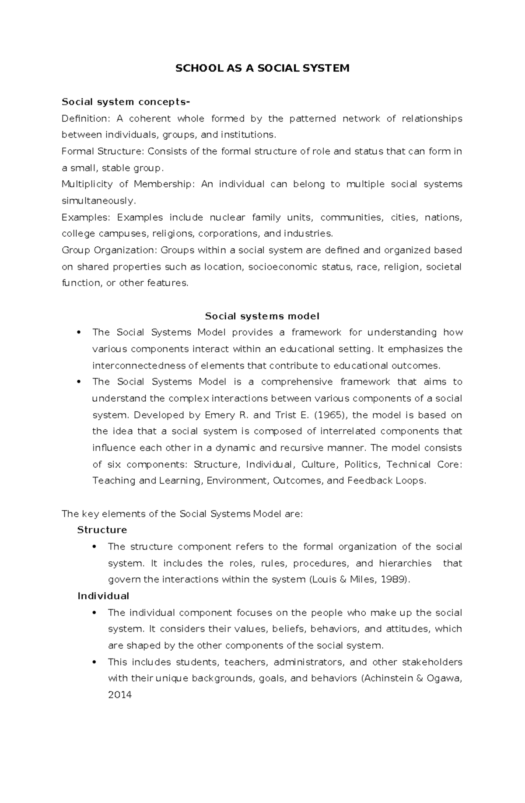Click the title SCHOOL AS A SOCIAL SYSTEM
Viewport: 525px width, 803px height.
(x=262, y=68)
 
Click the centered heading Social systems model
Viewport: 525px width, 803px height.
(x=262, y=316)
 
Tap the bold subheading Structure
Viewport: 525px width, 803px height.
(x=102, y=530)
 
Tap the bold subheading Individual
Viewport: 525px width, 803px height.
(x=103, y=596)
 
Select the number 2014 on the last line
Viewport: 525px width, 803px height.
(x=120, y=694)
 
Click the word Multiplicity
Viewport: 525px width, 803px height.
(x=87, y=184)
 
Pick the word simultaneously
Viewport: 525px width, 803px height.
(x=99, y=201)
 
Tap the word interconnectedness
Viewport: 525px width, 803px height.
(x=139, y=365)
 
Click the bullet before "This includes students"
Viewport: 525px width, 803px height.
(x=94, y=662)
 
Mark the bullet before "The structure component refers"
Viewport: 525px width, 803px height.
(x=94, y=547)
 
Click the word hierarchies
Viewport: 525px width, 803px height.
(x=405, y=563)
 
